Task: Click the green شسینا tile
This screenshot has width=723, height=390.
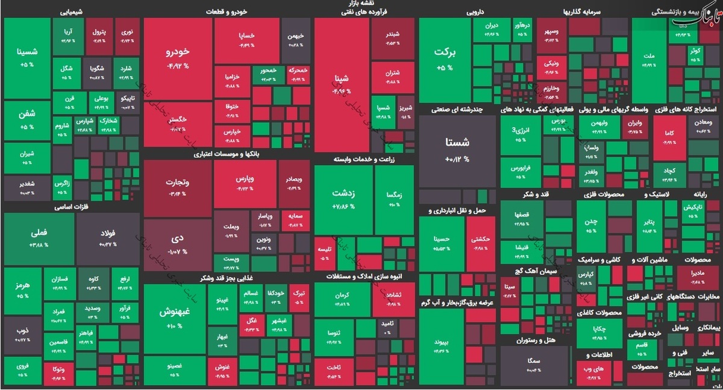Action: tap(27, 57)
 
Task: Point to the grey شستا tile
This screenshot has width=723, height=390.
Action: tap(458, 149)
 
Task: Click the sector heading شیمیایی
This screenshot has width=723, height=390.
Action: tap(72, 11)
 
